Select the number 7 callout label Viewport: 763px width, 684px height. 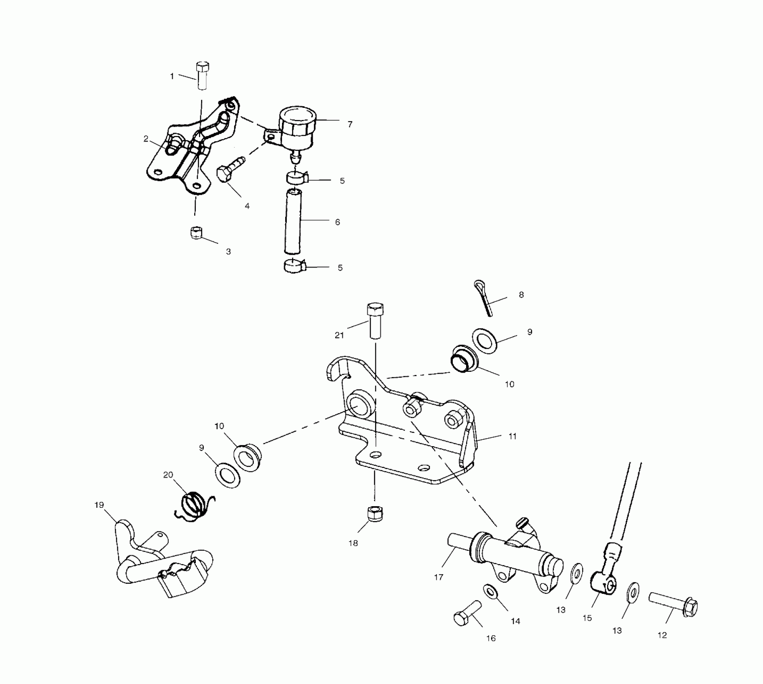pyautogui.click(x=350, y=125)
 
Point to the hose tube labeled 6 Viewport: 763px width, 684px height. pyautogui.click(x=292, y=222)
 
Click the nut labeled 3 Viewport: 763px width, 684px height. pyautogui.click(x=196, y=233)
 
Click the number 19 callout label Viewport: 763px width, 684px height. pyautogui.click(x=99, y=505)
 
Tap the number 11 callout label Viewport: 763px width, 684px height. pyautogui.click(x=512, y=436)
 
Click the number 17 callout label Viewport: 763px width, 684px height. pyautogui.click(x=439, y=577)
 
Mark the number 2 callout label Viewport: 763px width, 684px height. pyautogui.click(x=146, y=139)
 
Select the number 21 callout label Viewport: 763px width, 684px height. pyautogui.click(x=339, y=335)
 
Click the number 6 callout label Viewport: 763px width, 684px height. pyautogui.click(x=338, y=222)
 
